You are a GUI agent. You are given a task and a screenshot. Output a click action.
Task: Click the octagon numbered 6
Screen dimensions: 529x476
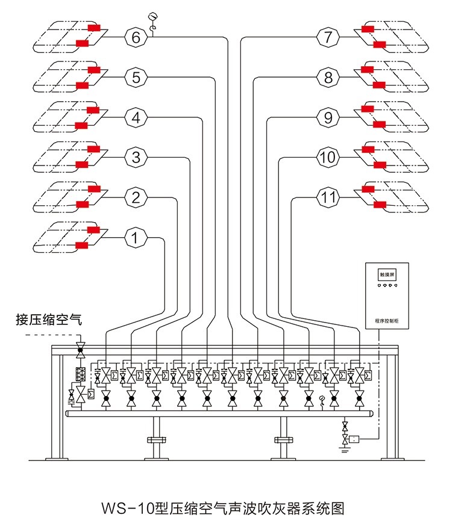136,37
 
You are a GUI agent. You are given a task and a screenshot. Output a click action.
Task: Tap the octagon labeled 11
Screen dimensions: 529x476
328,197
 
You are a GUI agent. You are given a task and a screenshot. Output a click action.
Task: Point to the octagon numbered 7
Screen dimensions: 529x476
328,37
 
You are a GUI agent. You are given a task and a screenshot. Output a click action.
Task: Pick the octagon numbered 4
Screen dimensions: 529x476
136,118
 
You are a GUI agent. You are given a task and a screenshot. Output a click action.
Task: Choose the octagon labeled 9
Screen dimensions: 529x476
328,118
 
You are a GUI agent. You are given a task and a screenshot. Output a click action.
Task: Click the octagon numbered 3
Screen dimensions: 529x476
136,158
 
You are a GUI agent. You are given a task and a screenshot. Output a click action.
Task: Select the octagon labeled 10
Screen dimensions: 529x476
328,158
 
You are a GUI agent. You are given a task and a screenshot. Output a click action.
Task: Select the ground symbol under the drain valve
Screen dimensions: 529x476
345,448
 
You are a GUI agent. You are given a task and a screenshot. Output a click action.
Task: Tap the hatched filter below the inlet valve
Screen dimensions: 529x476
79,374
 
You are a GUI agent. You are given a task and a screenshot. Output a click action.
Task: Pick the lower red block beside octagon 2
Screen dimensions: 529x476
82,205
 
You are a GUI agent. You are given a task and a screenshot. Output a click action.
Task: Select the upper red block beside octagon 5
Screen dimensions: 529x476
93,69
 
